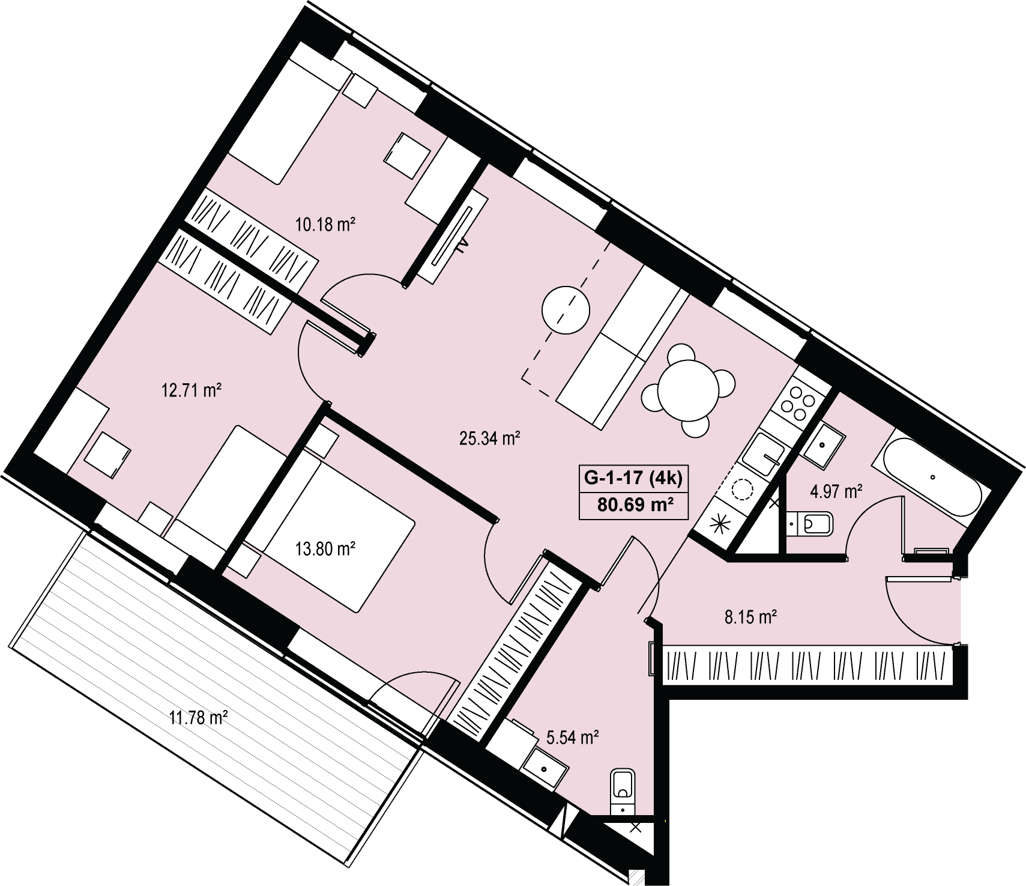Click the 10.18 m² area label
pos(325,225)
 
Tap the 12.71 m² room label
pos(191,391)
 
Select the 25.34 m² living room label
pos(489,438)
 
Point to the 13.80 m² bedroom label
pos(326,549)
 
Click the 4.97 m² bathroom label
pos(836,493)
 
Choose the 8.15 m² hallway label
pos(751,617)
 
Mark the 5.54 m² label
pos(573,737)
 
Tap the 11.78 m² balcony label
pos(198,717)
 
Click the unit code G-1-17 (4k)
pos(633,478)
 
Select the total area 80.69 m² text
pos(633,505)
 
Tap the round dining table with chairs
pos(689,390)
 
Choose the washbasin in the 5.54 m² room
pos(545,768)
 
